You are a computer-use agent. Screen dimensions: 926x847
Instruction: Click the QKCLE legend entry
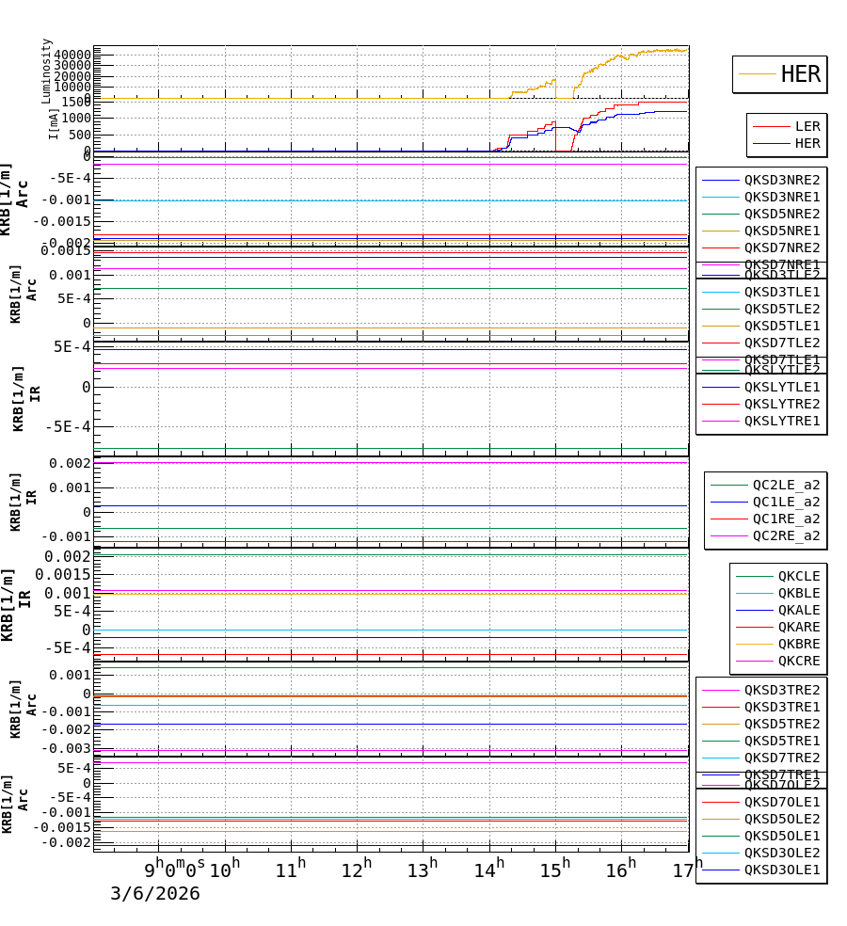coord(798,576)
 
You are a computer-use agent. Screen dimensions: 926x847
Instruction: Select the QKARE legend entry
coord(798,627)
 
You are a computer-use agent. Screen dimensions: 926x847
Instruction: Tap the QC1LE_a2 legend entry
coord(786,502)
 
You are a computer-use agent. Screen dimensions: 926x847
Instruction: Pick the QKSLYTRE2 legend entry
coord(781,404)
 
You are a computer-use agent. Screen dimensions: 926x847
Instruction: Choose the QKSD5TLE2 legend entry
coord(781,309)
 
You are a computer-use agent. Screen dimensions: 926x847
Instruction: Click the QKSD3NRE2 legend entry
coord(781,180)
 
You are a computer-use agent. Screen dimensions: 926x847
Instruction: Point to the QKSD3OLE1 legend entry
coord(781,870)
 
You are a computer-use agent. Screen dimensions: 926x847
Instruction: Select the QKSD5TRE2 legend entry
coord(781,724)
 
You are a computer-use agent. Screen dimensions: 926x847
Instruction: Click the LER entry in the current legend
coord(807,126)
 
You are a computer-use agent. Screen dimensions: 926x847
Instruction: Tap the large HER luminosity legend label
coord(800,74)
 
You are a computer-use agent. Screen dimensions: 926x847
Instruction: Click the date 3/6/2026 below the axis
coord(155,894)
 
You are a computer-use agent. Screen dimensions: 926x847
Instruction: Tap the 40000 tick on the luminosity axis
coord(72,55)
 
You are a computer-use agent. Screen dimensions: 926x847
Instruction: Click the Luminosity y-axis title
coord(46,71)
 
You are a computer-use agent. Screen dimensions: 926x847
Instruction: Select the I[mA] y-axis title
coord(54,123)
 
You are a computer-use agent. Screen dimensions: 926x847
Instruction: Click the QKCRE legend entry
coord(798,661)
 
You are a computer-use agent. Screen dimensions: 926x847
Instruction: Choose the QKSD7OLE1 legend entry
coord(781,802)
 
